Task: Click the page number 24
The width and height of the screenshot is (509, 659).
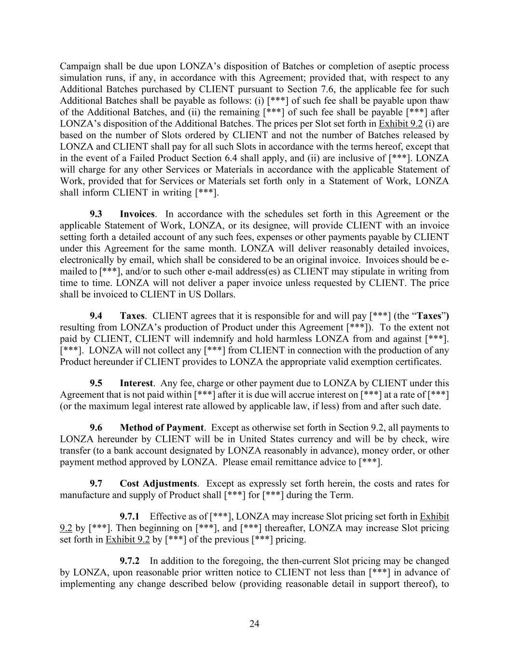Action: click(x=254, y=624)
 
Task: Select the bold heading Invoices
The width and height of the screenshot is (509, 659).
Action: click(x=137, y=214)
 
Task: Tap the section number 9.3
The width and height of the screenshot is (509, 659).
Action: click(x=96, y=214)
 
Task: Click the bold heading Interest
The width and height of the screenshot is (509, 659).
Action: click(x=136, y=383)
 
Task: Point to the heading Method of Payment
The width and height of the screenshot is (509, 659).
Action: click(x=162, y=428)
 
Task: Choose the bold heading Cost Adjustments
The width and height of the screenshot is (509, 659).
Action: click(x=158, y=484)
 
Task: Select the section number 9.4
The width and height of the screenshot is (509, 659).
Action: click(x=96, y=316)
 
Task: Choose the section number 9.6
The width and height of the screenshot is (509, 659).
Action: click(x=96, y=428)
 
